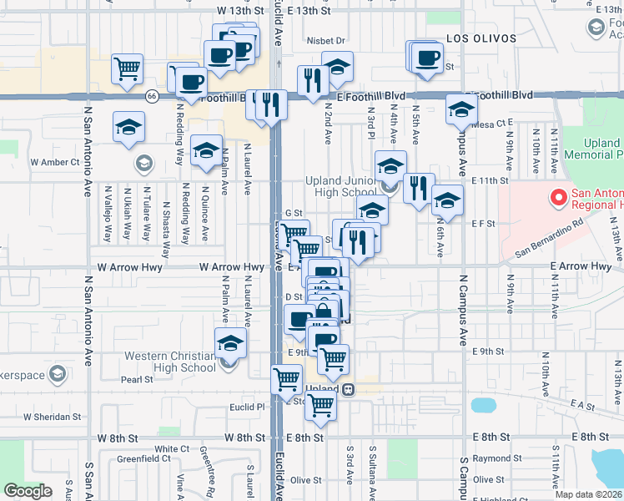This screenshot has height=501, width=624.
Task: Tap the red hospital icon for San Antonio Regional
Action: click(x=558, y=199)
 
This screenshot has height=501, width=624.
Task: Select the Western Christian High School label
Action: click(x=170, y=362)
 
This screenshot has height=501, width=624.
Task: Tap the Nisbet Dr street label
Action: click(x=325, y=40)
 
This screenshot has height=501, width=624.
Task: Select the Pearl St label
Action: click(x=137, y=379)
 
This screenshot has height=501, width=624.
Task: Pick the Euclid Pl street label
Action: click(x=247, y=407)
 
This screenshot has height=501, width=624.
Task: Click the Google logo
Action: click(x=28, y=491)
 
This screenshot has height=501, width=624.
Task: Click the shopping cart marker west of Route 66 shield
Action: click(x=127, y=68)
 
